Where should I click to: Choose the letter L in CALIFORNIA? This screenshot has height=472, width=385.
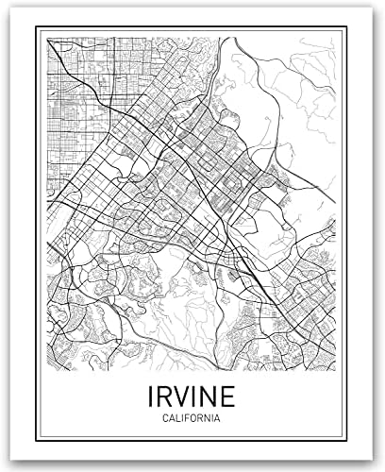coord(176,416)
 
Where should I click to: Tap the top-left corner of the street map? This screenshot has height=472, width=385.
coord(46,39)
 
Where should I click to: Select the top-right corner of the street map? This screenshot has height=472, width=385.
coord(337,39)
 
